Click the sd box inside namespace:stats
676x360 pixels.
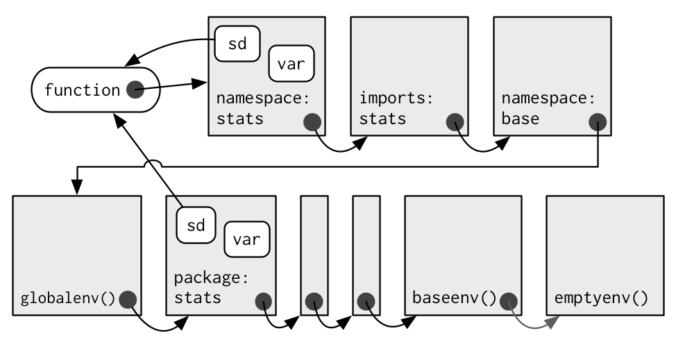pyautogui.click(x=237, y=44)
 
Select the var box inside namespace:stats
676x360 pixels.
pyautogui.click(x=291, y=63)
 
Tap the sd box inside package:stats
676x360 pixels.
pyautogui.click(x=196, y=225)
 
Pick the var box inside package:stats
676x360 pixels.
pyautogui.click(x=247, y=239)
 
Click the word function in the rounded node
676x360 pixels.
pyautogui.click(x=83, y=90)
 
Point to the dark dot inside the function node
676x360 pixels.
pyautogui.click(x=135, y=89)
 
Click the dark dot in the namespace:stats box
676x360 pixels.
pyautogui.click(x=312, y=122)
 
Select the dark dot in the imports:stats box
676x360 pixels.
pyautogui.click(x=455, y=122)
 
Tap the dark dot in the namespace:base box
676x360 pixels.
pyautogui.click(x=598, y=122)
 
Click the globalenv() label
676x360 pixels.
pyautogui.click(x=68, y=298)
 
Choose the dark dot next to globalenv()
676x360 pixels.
pyautogui.click(x=128, y=300)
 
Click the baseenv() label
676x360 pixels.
pyautogui.click(x=455, y=298)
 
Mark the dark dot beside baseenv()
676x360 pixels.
pyautogui.click(x=509, y=302)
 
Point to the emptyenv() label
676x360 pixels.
pyautogui.click(x=602, y=298)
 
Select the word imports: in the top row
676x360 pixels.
pyautogui.click(x=396, y=98)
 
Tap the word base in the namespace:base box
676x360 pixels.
pyautogui.click(x=521, y=119)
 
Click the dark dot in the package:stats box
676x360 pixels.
pyautogui.click(x=264, y=302)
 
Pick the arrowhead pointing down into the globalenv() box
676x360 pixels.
pyautogui.click(x=77, y=187)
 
